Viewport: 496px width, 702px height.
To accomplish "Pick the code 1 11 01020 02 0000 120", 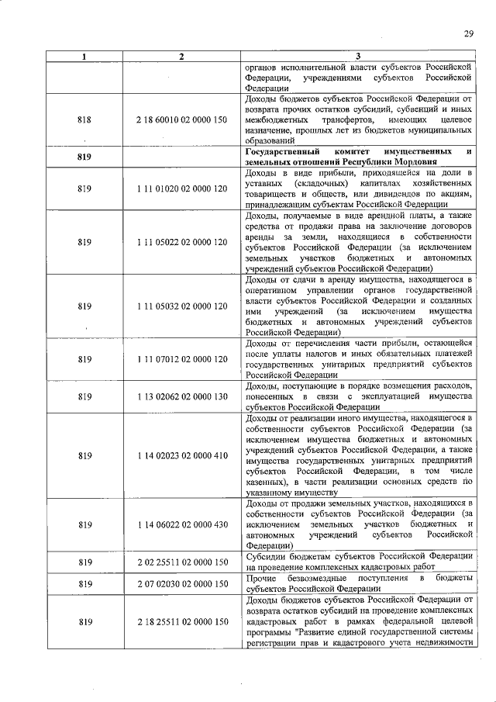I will coord(181,188).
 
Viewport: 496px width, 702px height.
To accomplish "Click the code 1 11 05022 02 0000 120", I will coord(181,242).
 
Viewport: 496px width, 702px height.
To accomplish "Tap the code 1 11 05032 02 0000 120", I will coord(181,306).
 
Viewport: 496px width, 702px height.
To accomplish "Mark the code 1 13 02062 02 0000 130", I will coord(181,396).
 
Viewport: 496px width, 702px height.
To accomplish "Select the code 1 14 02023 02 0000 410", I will coord(181,455).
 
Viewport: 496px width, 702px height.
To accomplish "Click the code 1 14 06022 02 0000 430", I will coord(181,524).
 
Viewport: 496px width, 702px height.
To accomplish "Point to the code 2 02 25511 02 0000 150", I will coord(181,561).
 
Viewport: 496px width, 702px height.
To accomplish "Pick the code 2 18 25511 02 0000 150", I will coord(181,621).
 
